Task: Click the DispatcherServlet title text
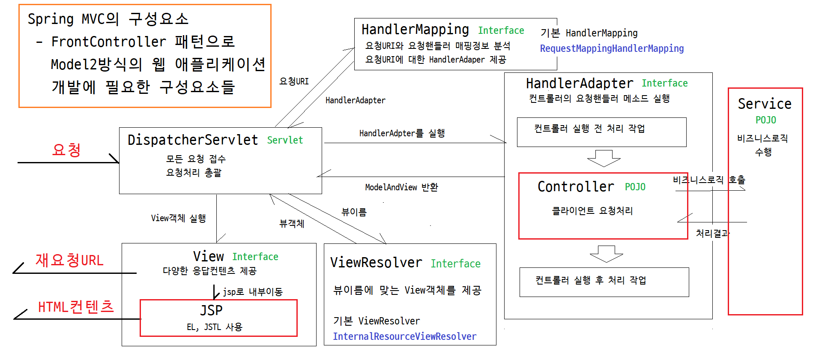(193, 140)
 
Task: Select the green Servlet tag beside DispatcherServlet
(285, 140)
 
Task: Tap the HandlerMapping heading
(415, 30)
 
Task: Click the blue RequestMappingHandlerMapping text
(612, 48)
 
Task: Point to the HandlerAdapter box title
(580, 83)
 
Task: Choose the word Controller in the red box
(576, 187)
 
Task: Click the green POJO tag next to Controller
(635, 187)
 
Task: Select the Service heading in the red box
(765, 104)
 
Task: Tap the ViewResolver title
(376, 262)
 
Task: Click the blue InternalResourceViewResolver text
(404, 336)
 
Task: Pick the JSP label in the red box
(211, 310)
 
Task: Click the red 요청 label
(66, 150)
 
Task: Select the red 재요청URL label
(69, 260)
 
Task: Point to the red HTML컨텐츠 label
(76, 307)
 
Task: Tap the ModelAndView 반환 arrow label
(401, 187)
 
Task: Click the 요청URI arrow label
(294, 81)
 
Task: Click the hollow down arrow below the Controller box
(606, 254)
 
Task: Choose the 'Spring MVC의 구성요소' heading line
(108, 19)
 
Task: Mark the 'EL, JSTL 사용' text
(215, 327)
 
